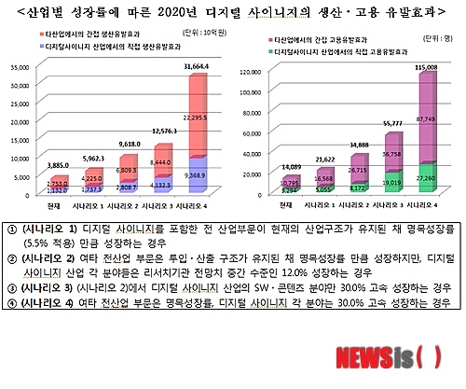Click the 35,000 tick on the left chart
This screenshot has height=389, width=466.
(21, 68)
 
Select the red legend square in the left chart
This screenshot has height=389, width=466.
(34, 44)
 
